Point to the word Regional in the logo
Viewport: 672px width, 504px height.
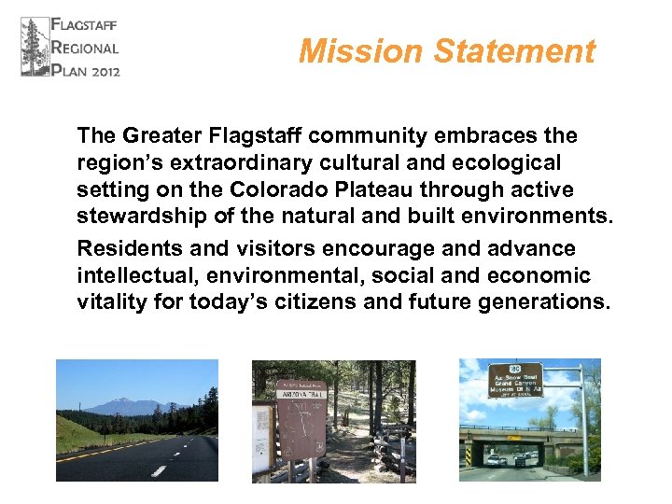pyautogui.click(x=86, y=47)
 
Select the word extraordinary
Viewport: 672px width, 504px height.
pyautogui.click(x=233, y=163)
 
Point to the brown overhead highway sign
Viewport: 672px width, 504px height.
pyautogui.click(x=515, y=380)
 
